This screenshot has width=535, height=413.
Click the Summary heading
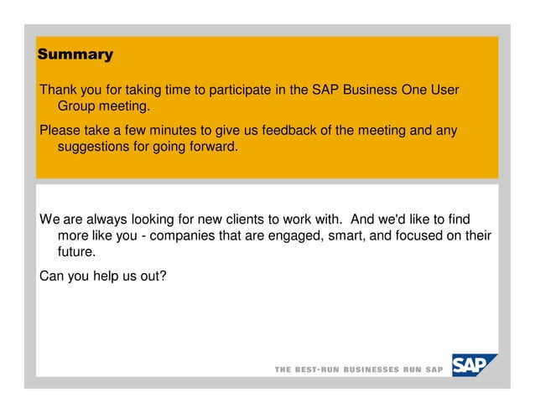click(75, 55)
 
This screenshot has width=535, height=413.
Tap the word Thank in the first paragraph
click(59, 90)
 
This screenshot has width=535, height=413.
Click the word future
click(76, 252)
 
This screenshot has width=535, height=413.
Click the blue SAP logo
click(474, 365)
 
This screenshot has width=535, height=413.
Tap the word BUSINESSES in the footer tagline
click(372, 370)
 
